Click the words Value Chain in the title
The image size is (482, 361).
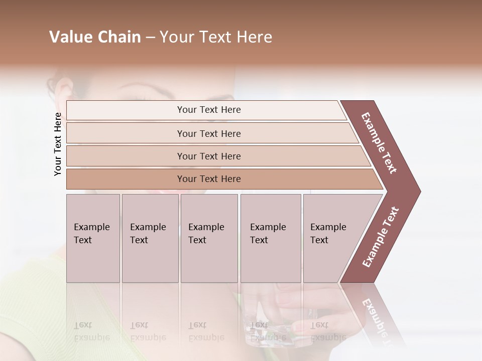pos(95,37)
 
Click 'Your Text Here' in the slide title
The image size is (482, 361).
pos(216,37)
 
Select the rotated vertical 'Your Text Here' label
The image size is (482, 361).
pos(58,144)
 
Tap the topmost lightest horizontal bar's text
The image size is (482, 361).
pos(209,110)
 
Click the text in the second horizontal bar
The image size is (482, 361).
pos(209,133)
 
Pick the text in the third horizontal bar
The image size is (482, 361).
pos(209,156)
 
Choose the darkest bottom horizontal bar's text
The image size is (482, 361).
pos(209,179)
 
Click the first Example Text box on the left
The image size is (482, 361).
pos(93,238)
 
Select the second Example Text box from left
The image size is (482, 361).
pos(150,238)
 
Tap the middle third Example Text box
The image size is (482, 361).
pos(209,238)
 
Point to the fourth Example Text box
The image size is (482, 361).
pos(270,238)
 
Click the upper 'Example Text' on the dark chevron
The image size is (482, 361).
pos(379,143)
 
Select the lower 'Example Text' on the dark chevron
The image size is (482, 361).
pos(381,237)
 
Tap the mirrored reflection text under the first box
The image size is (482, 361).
pos(92,331)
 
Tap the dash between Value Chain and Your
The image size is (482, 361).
pos(150,38)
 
